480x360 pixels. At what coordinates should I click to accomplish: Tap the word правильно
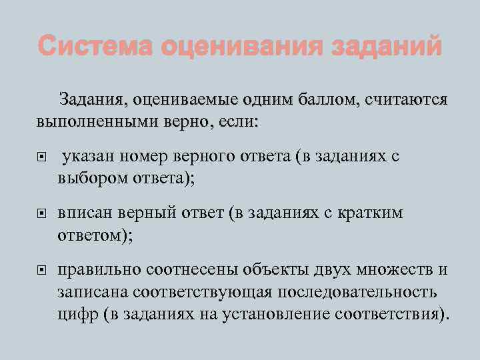[96, 269]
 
